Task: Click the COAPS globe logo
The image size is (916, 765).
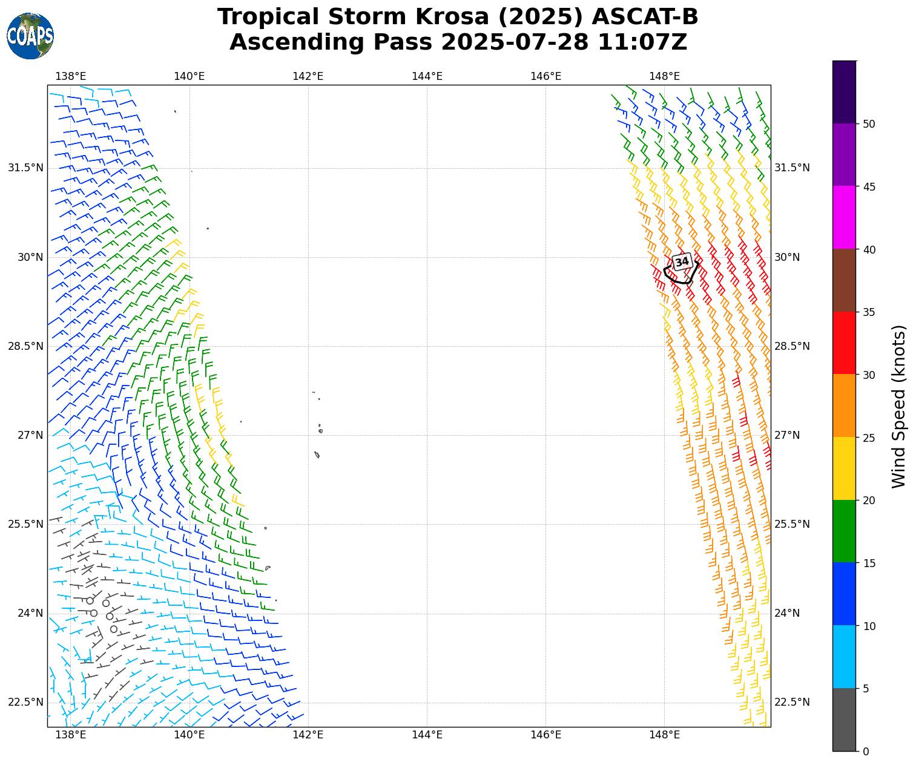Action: pyautogui.click(x=30, y=36)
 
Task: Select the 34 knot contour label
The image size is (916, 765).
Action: pyautogui.click(x=682, y=261)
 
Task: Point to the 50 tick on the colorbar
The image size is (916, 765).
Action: pyautogui.click(x=869, y=124)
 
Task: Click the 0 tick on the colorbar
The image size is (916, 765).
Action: pyautogui.click(x=865, y=752)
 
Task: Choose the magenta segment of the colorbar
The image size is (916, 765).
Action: pyautogui.click(x=844, y=217)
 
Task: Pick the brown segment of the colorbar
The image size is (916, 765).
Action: pyautogui.click(x=844, y=280)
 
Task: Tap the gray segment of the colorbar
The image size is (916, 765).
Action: pyautogui.click(x=844, y=720)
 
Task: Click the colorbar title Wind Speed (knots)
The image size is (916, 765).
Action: pyautogui.click(x=900, y=406)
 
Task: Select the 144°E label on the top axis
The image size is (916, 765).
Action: pyautogui.click(x=427, y=76)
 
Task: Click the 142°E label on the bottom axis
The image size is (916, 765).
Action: pyautogui.click(x=308, y=735)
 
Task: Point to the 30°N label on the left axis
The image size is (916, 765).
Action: pyautogui.click(x=30, y=257)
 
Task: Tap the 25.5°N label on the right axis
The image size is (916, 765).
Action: pyautogui.click(x=792, y=524)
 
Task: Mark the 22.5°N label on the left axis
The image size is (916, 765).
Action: pyautogui.click(x=26, y=702)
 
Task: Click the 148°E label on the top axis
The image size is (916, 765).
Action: pyautogui.click(x=664, y=76)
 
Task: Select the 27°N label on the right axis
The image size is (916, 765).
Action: pyautogui.click(x=787, y=435)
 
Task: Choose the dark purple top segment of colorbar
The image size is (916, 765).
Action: pyautogui.click(x=844, y=92)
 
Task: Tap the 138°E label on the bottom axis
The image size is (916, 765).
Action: pyautogui.click(x=71, y=735)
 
